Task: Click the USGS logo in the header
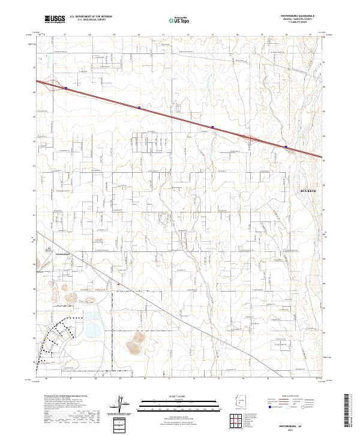(x=55, y=20)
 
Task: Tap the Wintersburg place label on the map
(x=63, y=253)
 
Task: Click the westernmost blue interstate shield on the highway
(x=65, y=88)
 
